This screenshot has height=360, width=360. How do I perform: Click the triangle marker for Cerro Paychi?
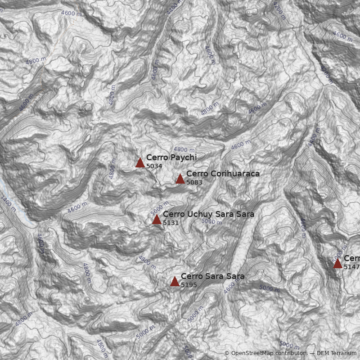(140, 162)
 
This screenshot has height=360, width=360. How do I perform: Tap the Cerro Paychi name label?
(171, 157)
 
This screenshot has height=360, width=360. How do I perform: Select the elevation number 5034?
(154, 166)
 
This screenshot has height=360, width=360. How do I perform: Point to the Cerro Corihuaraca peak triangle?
(180, 179)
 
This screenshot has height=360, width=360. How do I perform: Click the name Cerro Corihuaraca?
(223, 174)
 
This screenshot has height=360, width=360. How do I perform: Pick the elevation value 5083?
(194, 182)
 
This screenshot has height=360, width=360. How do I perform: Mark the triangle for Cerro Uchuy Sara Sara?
(157, 220)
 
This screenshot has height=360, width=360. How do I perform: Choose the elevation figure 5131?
(171, 223)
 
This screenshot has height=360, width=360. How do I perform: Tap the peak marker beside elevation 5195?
(175, 282)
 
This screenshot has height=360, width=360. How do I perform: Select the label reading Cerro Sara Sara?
(212, 276)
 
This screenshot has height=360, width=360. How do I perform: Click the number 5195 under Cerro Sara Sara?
(189, 285)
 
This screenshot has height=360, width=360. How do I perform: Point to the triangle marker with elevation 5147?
(337, 263)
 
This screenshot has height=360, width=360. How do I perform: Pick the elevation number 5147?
(351, 267)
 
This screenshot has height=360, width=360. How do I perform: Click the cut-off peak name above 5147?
(352, 258)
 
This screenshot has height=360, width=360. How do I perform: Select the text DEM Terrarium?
(336, 353)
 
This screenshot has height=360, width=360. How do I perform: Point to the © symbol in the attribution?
(227, 353)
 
